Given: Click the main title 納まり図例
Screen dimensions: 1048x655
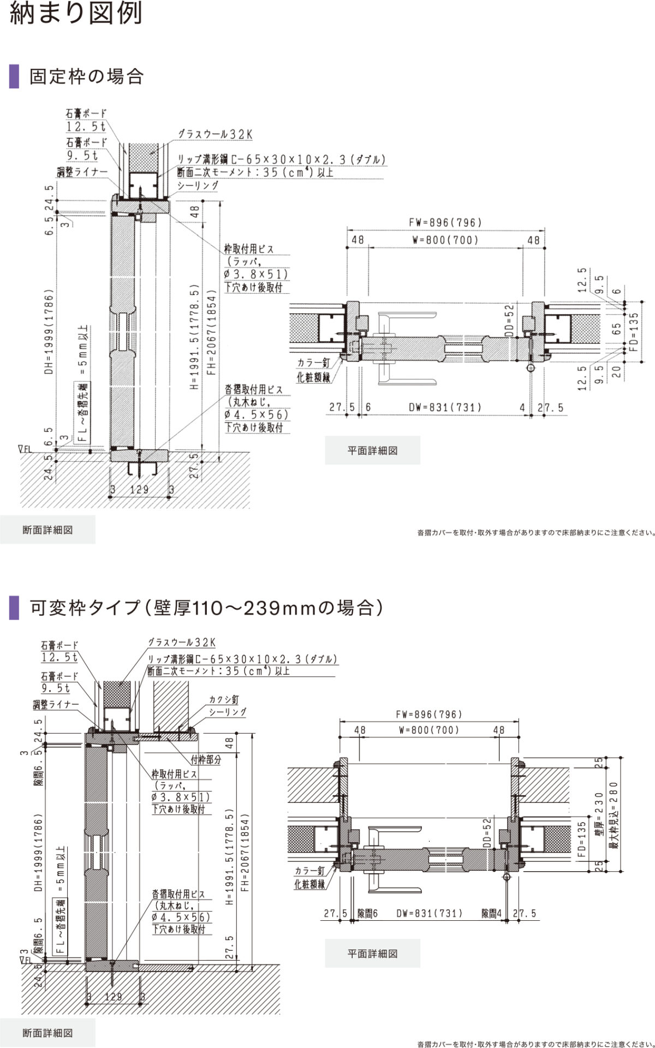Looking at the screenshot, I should [76, 13].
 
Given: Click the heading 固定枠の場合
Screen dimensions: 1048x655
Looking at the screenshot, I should [86, 76].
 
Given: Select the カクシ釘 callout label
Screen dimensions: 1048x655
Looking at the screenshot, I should [224, 699].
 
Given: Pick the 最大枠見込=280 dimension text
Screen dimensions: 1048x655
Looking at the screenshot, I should [614, 818].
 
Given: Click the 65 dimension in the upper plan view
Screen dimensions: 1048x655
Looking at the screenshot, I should [617, 329].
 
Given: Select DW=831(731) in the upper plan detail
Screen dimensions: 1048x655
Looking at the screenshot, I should [445, 407].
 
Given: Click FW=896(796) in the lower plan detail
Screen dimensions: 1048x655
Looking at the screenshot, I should [428, 714].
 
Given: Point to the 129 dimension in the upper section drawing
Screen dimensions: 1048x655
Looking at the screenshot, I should [139, 490].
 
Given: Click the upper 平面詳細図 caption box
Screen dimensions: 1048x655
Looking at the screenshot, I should [372, 450].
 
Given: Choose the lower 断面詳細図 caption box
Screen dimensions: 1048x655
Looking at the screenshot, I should [47, 1033].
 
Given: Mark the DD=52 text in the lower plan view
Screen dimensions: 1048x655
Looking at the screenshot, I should [488, 832].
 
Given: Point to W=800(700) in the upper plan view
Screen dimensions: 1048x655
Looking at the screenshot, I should [445, 240].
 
